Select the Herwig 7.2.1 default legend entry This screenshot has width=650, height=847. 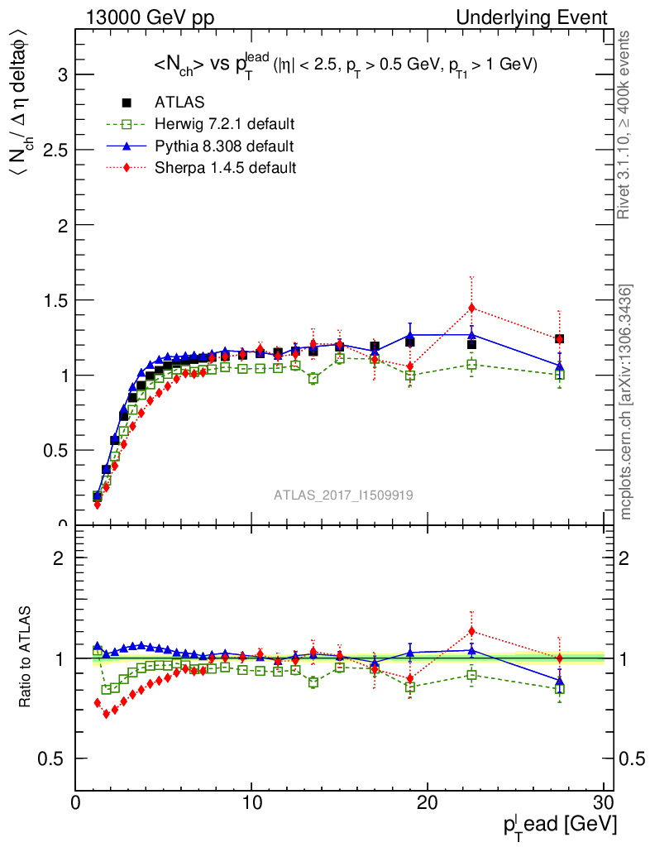tap(224, 125)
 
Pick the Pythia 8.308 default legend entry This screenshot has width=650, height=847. tap(223, 146)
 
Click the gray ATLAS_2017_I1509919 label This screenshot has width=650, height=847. tap(343, 495)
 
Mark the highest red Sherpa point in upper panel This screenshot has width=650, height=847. tap(471, 308)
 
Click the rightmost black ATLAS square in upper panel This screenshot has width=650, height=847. tap(560, 339)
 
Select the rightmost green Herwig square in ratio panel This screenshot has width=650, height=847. tap(560, 688)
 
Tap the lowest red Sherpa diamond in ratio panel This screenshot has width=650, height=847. tap(106, 714)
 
